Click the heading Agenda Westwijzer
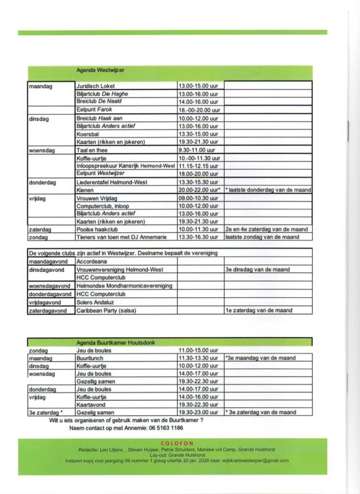[100, 70]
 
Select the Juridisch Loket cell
[96, 86]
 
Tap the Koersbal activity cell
[87, 134]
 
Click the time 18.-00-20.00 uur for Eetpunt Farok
[199, 110]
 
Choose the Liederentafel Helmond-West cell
[112, 182]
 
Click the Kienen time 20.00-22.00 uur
[200, 190]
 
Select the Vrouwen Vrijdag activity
[97, 198]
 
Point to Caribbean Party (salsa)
[106, 310]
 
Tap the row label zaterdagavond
[48, 310]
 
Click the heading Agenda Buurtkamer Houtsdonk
[115, 343]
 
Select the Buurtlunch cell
[90, 358]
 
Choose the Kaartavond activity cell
[91, 405]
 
